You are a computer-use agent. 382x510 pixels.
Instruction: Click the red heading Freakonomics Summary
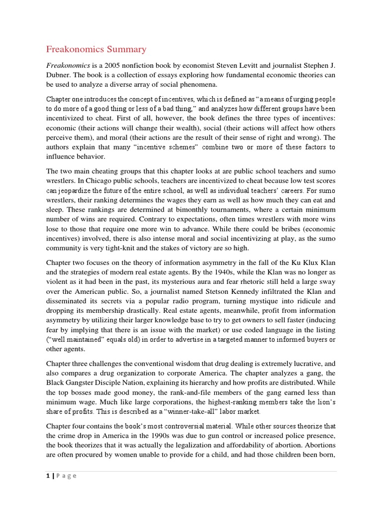pos(96,49)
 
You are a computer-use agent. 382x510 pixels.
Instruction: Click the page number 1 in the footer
pos(48,476)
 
